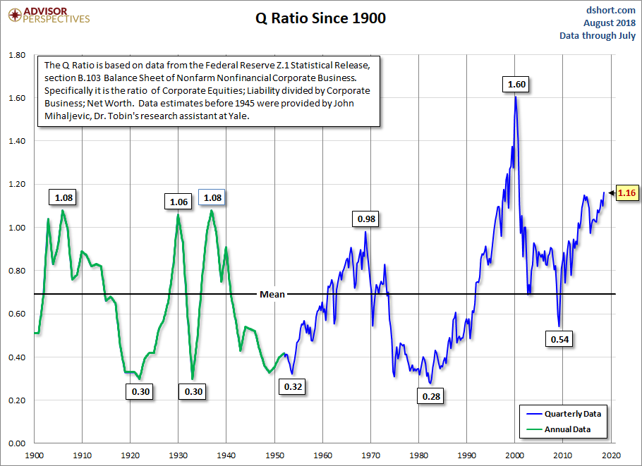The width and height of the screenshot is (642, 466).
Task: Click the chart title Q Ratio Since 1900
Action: (320, 18)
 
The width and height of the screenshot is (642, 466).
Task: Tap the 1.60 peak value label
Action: (516, 85)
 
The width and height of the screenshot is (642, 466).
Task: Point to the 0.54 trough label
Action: (559, 339)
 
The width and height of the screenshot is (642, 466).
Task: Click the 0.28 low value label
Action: (431, 396)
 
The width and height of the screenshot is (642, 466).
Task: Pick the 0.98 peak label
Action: (367, 219)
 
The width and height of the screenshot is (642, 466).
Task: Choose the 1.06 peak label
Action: (178, 202)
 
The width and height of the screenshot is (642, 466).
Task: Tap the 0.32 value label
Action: (293, 386)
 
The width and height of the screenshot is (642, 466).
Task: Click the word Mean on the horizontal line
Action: (272, 294)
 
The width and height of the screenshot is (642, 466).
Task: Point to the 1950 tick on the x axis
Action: (275, 455)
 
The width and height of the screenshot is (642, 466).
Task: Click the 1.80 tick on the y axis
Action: (16, 55)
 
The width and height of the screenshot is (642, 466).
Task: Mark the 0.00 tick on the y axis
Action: (16, 443)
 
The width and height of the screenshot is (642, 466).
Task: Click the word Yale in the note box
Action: (236, 116)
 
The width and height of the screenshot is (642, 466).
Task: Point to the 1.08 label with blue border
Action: (212, 197)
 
